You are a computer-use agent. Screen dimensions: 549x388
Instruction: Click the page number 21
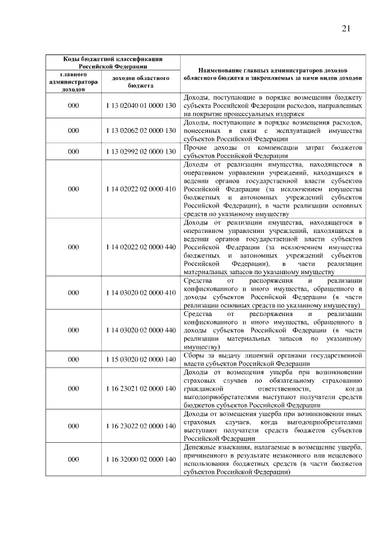click(x=346, y=28)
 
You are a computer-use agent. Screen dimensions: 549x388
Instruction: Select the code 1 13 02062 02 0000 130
click(x=140, y=130)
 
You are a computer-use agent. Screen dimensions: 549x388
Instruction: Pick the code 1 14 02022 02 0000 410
click(x=140, y=189)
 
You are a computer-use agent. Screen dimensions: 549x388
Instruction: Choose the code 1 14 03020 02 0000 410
click(x=140, y=292)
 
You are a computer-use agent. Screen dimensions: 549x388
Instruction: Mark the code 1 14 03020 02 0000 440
click(x=140, y=330)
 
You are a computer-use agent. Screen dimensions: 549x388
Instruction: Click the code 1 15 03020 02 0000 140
click(x=140, y=359)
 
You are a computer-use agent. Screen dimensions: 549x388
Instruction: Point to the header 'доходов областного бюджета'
click(x=140, y=82)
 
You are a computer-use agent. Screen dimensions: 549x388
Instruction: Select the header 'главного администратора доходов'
click(x=73, y=82)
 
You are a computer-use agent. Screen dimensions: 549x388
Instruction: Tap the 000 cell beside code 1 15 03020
click(x=73, y=359)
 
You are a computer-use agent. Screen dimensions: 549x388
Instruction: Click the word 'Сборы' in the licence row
click(x=194, y=355)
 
